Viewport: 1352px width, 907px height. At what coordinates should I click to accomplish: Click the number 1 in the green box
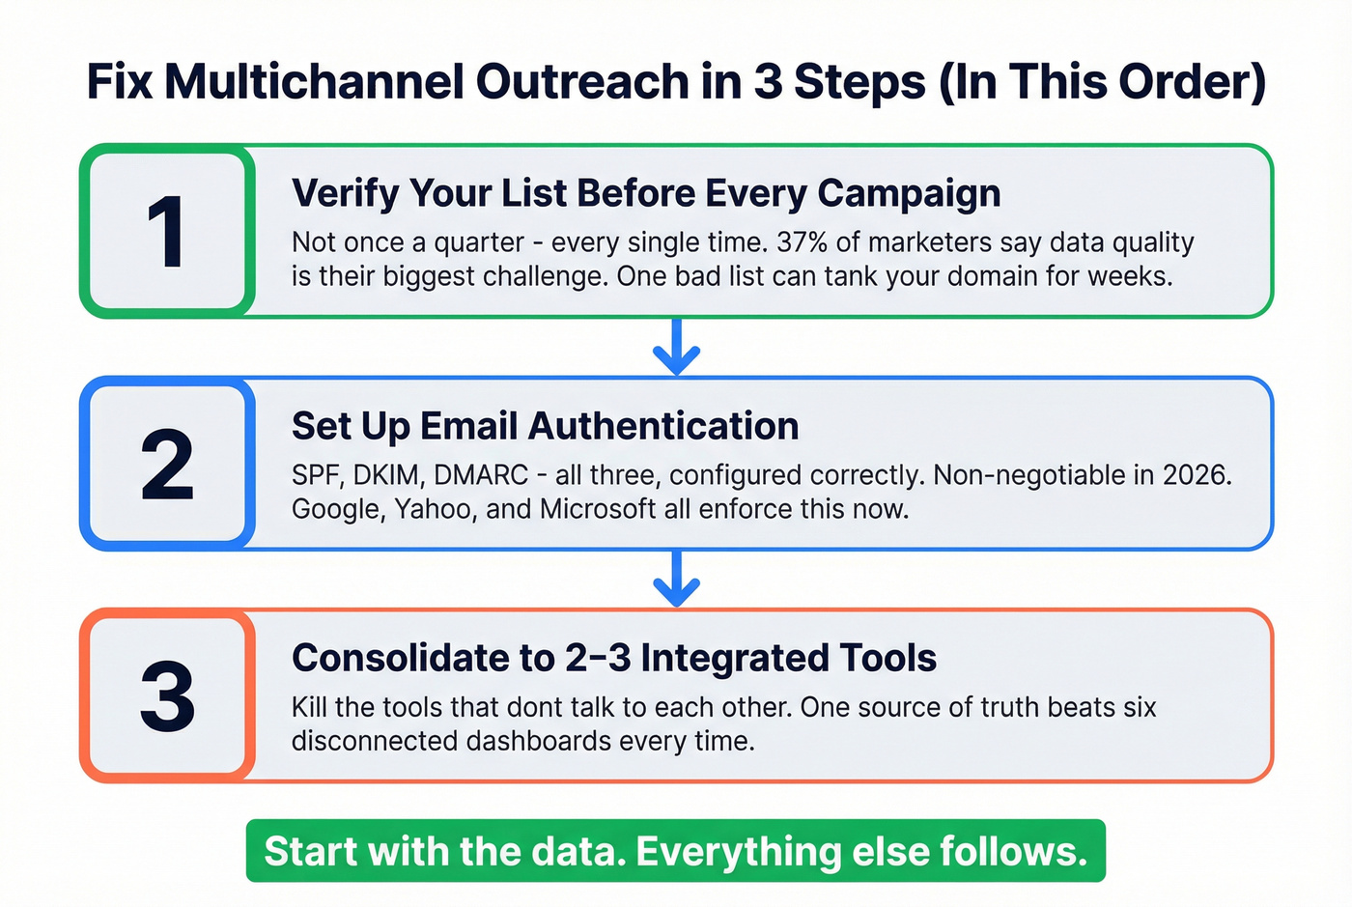click(166, 232)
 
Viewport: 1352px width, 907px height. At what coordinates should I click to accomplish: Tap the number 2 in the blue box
click(167, 465)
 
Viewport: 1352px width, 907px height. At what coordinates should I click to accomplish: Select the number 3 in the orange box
click(167, 696)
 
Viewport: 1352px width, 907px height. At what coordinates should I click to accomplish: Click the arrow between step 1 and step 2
click(676, 348)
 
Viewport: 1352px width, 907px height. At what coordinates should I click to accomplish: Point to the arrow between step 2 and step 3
click(676, 580)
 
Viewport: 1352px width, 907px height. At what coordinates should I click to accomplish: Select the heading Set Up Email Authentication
click(545, 426)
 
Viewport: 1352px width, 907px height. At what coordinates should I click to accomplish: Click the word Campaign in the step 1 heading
click(909, 193)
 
